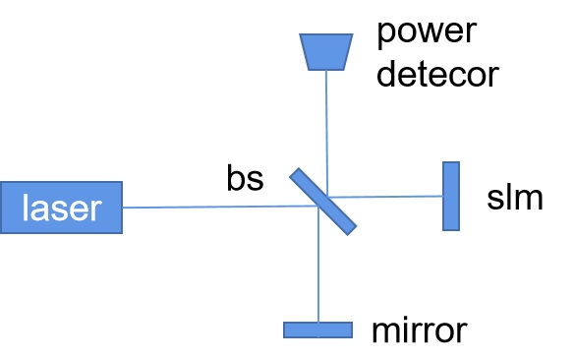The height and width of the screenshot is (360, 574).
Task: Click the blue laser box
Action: [61, 208]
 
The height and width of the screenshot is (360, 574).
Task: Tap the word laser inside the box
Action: [62, 208]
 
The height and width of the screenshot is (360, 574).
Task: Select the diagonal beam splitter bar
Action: [322, 202]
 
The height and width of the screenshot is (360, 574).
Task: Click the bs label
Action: [245, 178]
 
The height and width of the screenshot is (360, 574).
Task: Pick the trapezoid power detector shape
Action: [326, 51]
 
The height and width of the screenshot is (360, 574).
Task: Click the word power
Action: [427, 33]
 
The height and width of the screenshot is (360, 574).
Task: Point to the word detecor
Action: [437, 75]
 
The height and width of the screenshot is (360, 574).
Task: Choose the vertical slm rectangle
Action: [451, 196]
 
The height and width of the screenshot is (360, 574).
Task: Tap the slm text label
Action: [515, 197]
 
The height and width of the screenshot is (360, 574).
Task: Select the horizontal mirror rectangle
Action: [318, 330]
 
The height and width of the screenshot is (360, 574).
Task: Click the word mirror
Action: [420, 330]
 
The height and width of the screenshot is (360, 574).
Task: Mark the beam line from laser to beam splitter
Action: [220, 207]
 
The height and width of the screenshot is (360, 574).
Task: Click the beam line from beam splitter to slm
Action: [385, 197]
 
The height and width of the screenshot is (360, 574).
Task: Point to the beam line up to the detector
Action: [326, 134]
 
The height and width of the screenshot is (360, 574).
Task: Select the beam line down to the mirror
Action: [318, 265]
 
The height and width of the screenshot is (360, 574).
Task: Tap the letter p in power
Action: [385, 35]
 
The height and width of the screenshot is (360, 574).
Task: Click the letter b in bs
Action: [235, 177]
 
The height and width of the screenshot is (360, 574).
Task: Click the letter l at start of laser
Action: [25, 208]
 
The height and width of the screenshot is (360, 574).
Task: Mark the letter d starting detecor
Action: [386, 75]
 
